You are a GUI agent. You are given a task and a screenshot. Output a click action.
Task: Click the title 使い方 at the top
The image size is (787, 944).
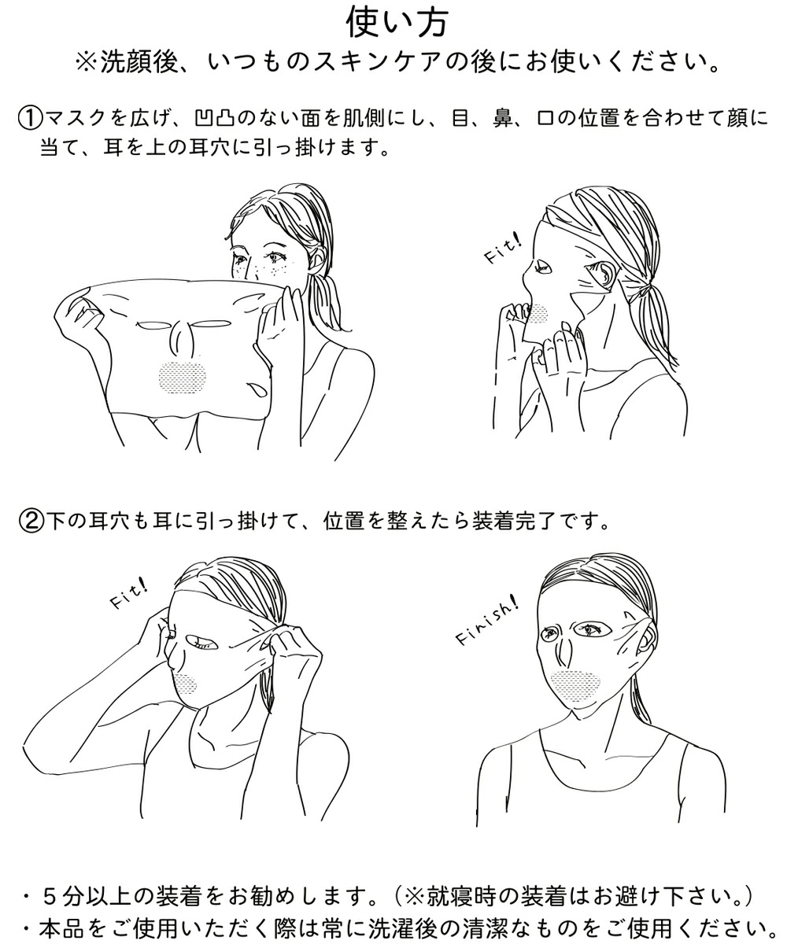point(397,23)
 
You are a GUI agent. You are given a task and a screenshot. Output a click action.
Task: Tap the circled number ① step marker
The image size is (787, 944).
point(30,119)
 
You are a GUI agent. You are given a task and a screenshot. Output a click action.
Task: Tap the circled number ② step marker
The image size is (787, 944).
point(31,521)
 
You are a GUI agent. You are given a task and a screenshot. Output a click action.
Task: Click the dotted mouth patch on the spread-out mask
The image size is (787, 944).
point(183,377)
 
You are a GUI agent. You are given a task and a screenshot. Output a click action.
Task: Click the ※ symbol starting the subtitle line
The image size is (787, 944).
point(87,63)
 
